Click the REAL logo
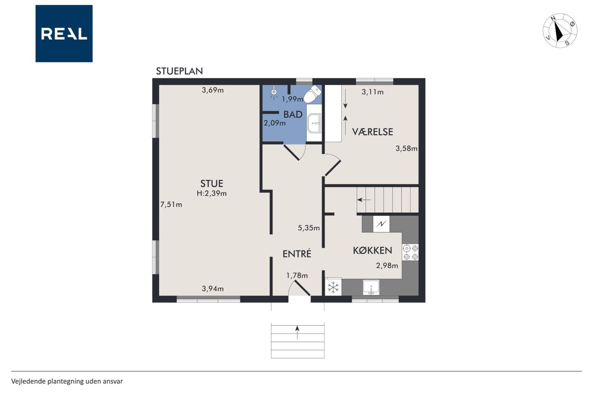click(x=64, y=34)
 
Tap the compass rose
click(x=560, y=31)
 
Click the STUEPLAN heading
click(x=179, y=71)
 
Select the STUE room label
click(x=212, y=183)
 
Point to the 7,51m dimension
click(x=171, y=205)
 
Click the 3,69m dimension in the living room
click(x=213, y=90)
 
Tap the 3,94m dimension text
click(x=213, y=288)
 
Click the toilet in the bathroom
click(x=312, y=94)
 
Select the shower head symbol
click(x=274, y=93)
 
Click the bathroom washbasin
click(x=314, y=123)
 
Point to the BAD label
click(x=293, y=114)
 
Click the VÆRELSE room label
click(x=373, y=132)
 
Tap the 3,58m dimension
click(x=407, y=149)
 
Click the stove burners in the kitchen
click(x=410, y=252)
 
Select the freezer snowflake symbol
click(x=333, y=287)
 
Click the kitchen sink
click(x=371, y=288)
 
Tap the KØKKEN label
click(x=373, y=250)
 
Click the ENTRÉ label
click(x=297, y=254)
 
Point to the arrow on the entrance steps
click(x=297, y=332)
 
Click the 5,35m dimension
click(x=308, y=228)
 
